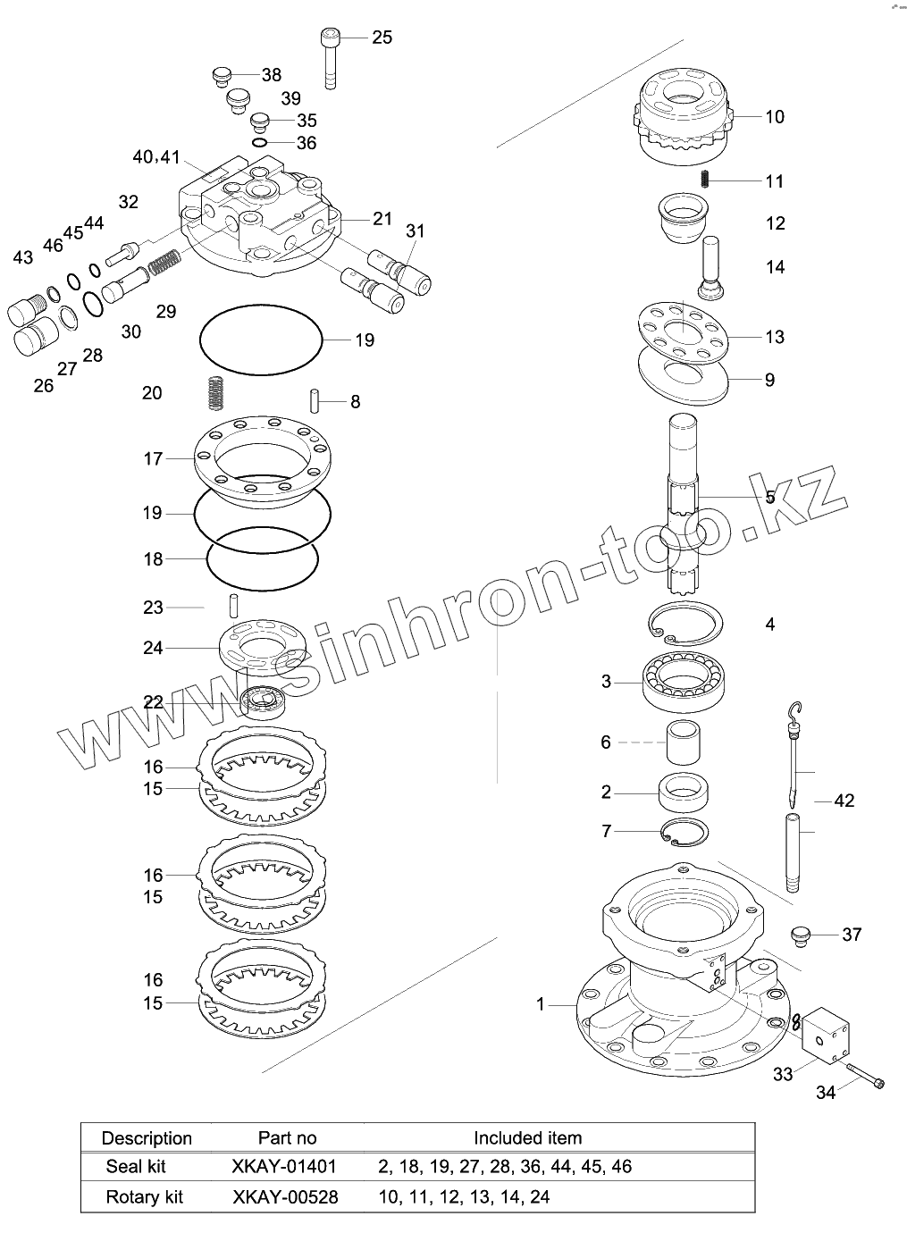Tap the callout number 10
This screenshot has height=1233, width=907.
tap(774, 117)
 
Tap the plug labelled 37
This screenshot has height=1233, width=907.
tap(800, 935)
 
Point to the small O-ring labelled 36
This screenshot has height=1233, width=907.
tap(259, 143)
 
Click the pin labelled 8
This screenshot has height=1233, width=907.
tap(315, 399)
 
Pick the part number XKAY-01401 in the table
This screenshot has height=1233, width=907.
tap(284, 1166)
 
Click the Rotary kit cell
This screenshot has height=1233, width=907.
tap(144, 1196)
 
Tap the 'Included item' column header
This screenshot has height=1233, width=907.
tap(527, 1137)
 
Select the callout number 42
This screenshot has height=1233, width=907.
tap(844, 801)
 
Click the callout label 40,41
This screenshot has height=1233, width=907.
tap(156, 157)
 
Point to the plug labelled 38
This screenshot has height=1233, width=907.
tap(223, 76)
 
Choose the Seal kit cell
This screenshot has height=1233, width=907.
tap(136, 1166)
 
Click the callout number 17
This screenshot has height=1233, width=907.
tap(153, 458)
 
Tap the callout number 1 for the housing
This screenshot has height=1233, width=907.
tap(541, 1004)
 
